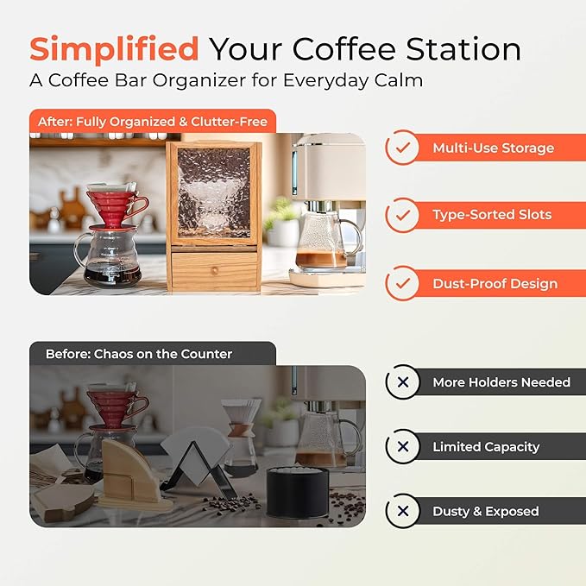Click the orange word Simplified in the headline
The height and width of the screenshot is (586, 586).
tap(114, 48)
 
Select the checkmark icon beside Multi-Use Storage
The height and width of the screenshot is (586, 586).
tap(402, 148)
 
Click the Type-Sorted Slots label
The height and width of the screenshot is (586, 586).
tap(492, 215)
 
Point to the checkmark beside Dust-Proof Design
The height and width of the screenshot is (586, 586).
tap(402, 284)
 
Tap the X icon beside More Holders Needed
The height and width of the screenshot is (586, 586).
tap(402, 382)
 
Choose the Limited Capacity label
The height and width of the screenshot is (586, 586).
tap(486, 447)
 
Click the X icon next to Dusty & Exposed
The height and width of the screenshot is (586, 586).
tap(402, 511)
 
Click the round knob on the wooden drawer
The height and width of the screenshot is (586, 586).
tap(215, 270)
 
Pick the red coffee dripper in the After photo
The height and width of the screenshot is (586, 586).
tap(117, 205)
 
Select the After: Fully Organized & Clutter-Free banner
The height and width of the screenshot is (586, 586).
tap(152, 122)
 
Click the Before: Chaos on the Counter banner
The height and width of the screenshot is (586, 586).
tap(135, 354)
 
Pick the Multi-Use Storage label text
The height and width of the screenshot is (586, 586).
tap(493, 148)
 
